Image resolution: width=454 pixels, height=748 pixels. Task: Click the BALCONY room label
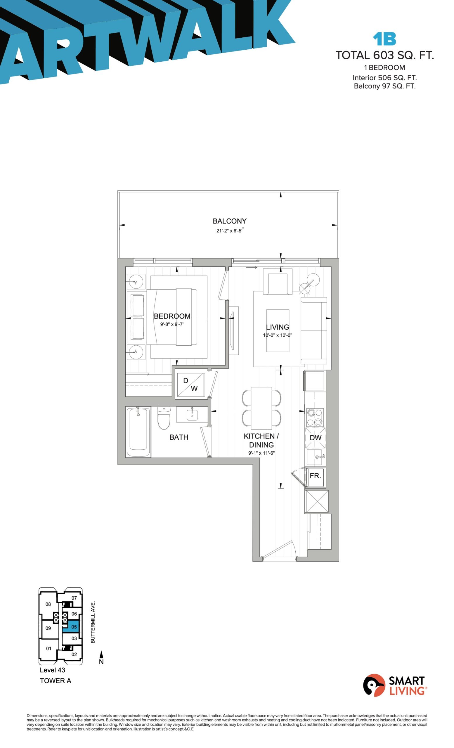pyautogui.click(x=229, y=221)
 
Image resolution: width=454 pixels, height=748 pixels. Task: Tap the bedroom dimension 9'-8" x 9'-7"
pyautogui.click(x=172, y=324)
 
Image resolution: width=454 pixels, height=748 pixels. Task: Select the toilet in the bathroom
pyautogui.click(x=164, y=418)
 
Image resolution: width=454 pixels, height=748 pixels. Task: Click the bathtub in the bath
pyautogui.click(x=138, y=431)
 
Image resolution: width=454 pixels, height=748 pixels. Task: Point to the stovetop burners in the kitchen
pyautogui.click(x=314, y=417)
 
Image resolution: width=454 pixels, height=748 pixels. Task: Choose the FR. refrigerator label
pyautogui.click(x=315, y=475)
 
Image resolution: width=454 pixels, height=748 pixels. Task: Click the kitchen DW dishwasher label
pyautogui.click(x=315, y=438)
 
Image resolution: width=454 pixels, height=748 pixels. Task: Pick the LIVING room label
pyautogui.click(x=277, y=327)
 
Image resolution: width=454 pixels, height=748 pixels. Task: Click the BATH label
pyautogui.click(x=179, y=437)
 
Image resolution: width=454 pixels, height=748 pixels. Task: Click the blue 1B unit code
pyautogui.click(x=384, y=39)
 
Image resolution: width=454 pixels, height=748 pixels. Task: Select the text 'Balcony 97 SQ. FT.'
pyautogui.click(x=384, y=86)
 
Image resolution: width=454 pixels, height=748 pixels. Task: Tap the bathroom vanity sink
pyautogui.click(x=192, y=414)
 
